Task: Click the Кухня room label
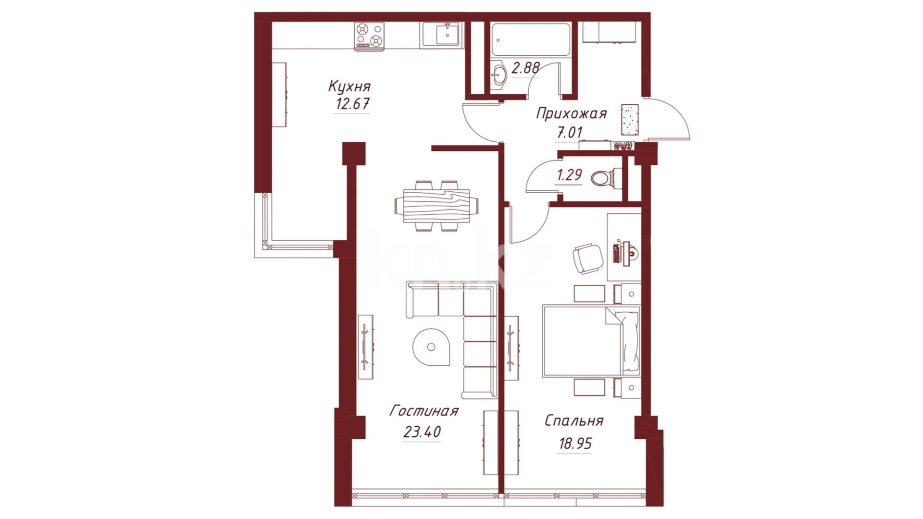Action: (x=349, y=86)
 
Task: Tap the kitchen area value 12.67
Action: (x=352, y=104)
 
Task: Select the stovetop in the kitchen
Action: (x=369, y=36)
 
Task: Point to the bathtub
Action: (x=531, y=39)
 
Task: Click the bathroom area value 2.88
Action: (x=525, y=68)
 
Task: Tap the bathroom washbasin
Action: (x=499, y=74)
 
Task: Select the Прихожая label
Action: (x=571, y=114)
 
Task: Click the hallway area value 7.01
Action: (x=570, y=132)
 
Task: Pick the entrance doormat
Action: (x=630, y=120)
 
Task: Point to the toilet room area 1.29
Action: (x=569, y=175)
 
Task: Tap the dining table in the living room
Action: (x=437, y=206)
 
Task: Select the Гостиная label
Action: (x=424, y=411)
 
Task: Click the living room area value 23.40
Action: (x=422, y=432)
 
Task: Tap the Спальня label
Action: (x=574, y=421)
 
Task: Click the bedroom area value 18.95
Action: (x=575, y=443)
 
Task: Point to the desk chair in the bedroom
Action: (x=588, y=258)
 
